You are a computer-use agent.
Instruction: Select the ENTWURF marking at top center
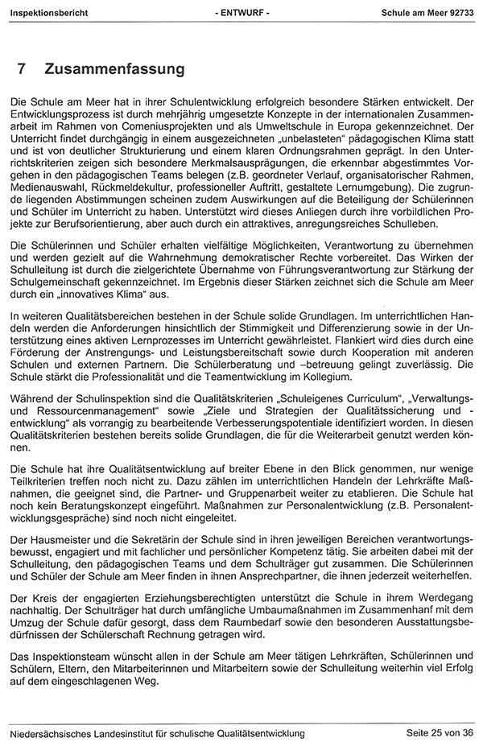(242, 14)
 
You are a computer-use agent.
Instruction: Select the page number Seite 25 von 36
(438, 732)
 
